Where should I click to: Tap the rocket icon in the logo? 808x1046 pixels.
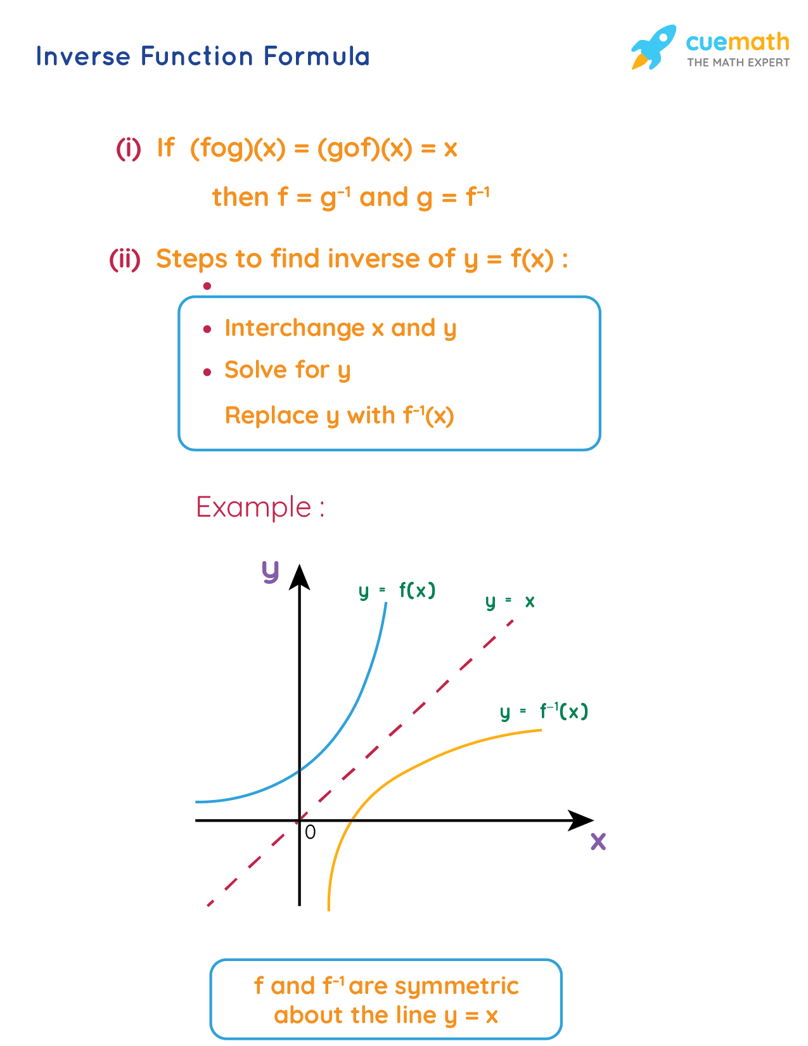pos(653,47)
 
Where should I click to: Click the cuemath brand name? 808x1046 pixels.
pos(737,42)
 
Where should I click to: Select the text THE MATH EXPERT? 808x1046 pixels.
pos(738,63)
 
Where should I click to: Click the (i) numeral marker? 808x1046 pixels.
pos(128,148)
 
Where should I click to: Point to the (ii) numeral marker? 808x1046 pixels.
pos(125,259)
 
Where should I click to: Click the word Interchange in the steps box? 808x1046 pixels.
pos(294,328)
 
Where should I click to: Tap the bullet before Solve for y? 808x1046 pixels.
pos(207,372)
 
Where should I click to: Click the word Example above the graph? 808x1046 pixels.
pos(253,507)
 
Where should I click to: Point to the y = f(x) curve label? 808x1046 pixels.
pos(397,591)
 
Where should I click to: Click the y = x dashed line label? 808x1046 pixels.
pos(510,601)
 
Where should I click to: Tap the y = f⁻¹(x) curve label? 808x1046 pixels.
pos(544,711)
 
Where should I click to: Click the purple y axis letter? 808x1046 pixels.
pos(271,572)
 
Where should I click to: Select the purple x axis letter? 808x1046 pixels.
pos(598,842)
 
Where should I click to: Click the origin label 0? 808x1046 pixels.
pos(310,832)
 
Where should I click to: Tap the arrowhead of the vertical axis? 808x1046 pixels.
pos(299,577)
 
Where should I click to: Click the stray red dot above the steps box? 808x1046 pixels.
pos(207,287)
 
